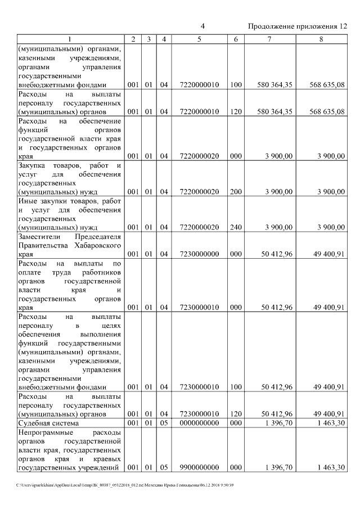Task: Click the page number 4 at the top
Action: pos(202,26)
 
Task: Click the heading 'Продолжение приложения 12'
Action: pos(297,26)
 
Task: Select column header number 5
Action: pos(199,39)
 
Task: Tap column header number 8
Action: pos(321,39)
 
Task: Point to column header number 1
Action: pos(70,39)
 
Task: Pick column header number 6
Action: pos(236,39)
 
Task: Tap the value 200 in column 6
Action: pos(236,192)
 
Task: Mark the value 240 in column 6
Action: pos(236,227)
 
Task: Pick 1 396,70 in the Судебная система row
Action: pos(278,423)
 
